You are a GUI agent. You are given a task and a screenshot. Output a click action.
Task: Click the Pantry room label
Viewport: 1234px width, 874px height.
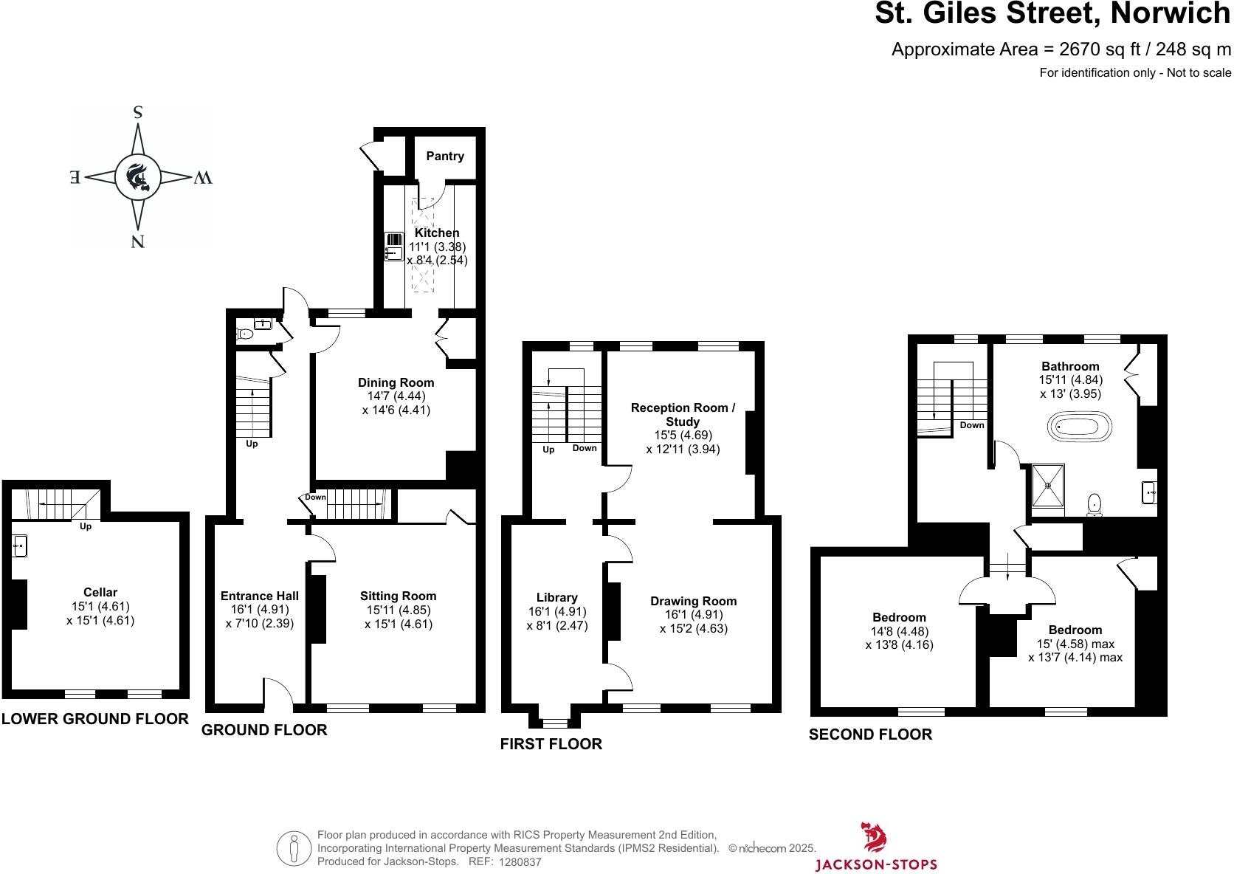pyautogui.click(x=445, y=156)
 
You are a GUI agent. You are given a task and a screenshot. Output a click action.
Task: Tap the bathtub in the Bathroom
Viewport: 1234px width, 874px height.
pyautogui.click(x=1079, y=428)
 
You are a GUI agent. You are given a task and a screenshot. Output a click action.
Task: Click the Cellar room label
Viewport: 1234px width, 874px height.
pyautogui.click(x=100, y=592)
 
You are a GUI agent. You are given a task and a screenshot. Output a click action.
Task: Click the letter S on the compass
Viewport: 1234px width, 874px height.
pyautogui.click(x=137, y=113)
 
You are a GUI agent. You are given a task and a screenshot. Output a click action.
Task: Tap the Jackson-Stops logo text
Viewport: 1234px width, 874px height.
pyautogui.click(x=876, y=864)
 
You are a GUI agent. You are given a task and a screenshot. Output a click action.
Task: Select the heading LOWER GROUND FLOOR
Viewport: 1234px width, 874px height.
pyautogui.click(x=95, y=719)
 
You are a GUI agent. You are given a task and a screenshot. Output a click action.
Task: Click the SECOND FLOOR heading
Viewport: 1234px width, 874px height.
pyautogui.click(x=870, y=734)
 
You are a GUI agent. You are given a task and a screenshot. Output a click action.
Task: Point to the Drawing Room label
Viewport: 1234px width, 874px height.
pyautogui.click(x=693, y=601)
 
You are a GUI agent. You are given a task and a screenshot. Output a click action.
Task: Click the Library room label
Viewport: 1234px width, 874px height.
pyautogui.click(x=557, y=597)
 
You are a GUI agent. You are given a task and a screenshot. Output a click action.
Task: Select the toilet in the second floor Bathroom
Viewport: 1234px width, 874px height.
pyautogui.click(x=1095, y=505)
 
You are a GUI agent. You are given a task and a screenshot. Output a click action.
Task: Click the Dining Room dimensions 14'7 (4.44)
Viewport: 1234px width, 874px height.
pyautogui.click(x=396, y=396)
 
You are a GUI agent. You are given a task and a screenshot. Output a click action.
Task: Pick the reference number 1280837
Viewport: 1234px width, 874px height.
pyautogui.click(x=520, y=862)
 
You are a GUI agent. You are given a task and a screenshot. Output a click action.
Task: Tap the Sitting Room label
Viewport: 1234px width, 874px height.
pyautogui.click(x=398, y=596)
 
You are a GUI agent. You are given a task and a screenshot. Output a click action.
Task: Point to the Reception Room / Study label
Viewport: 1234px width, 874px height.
pyautogui.click(x=683, y=414)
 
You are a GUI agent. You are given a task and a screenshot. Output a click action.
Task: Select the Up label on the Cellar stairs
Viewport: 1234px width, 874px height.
pyautogui.click(x=86, y=526)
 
